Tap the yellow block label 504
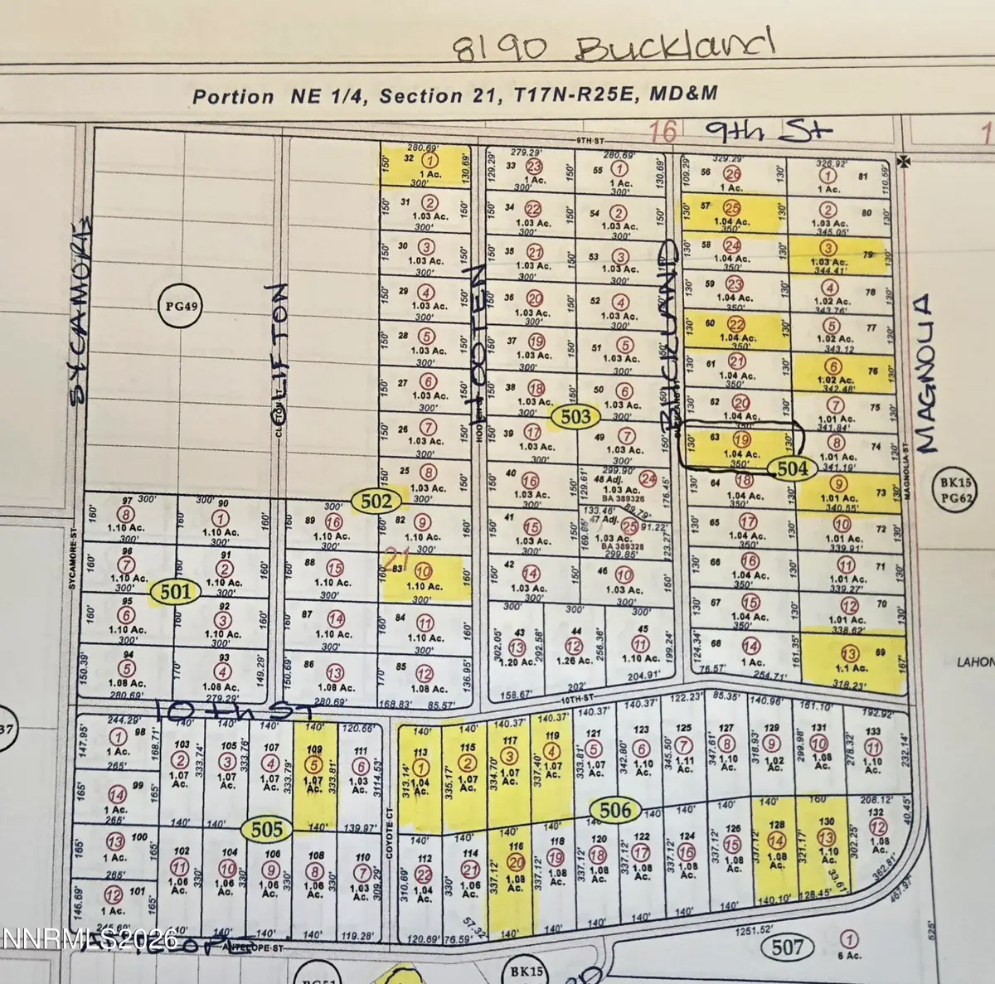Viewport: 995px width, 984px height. (x=792, y=469)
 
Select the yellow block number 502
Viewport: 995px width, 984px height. (x=376, y=501)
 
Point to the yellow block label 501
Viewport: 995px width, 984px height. (x=175, y=592)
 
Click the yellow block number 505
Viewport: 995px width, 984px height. (x=266, y=829)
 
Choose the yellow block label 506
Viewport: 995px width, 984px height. (x=614, y=810)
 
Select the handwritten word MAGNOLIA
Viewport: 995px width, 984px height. (x=928, y=373)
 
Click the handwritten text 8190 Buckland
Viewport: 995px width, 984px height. (x=613, y=46)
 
